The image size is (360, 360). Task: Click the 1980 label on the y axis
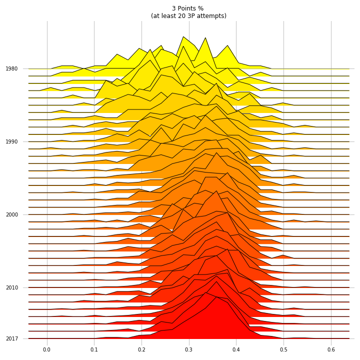11,68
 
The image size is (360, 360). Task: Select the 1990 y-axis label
11,141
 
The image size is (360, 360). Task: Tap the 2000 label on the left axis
11,214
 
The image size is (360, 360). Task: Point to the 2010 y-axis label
11,287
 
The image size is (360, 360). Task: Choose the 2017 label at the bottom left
11,338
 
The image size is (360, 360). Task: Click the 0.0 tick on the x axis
46,349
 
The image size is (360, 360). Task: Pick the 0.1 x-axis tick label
94,349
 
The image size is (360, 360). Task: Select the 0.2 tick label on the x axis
141,349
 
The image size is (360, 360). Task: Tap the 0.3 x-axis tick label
188,349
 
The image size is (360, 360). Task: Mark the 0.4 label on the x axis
236,349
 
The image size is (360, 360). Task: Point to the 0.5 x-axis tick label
283,349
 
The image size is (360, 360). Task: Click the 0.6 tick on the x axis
331,349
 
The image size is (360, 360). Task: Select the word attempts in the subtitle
212,16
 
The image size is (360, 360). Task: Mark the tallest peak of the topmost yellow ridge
183,36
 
